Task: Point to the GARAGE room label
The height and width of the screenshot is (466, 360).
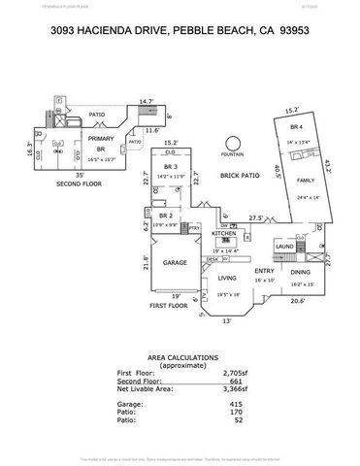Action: click(175, 262)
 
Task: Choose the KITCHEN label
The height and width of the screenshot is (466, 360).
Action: click(224, 234)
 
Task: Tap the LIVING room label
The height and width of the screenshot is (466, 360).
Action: click(227, 278)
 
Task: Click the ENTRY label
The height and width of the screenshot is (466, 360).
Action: click(263, 271)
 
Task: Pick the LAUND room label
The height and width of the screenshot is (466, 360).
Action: click(285, 247)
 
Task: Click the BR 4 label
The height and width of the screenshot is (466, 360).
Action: click(295, 127)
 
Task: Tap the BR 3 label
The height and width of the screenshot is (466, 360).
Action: click(170, 166)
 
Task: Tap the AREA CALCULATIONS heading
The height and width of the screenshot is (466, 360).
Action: click(181, 355)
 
